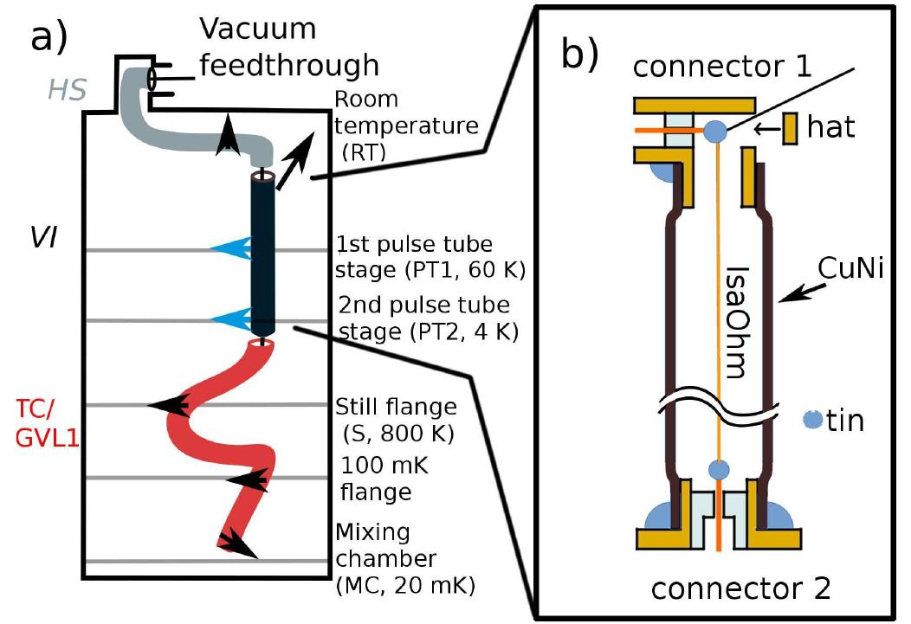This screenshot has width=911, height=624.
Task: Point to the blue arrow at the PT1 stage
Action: (x=230, y=250)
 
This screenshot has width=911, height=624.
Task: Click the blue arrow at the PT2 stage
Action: (x=230, y=319)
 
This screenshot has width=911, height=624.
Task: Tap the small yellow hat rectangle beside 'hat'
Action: (x=791, y=130)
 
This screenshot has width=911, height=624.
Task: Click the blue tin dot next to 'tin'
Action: (x=812, y=419)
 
